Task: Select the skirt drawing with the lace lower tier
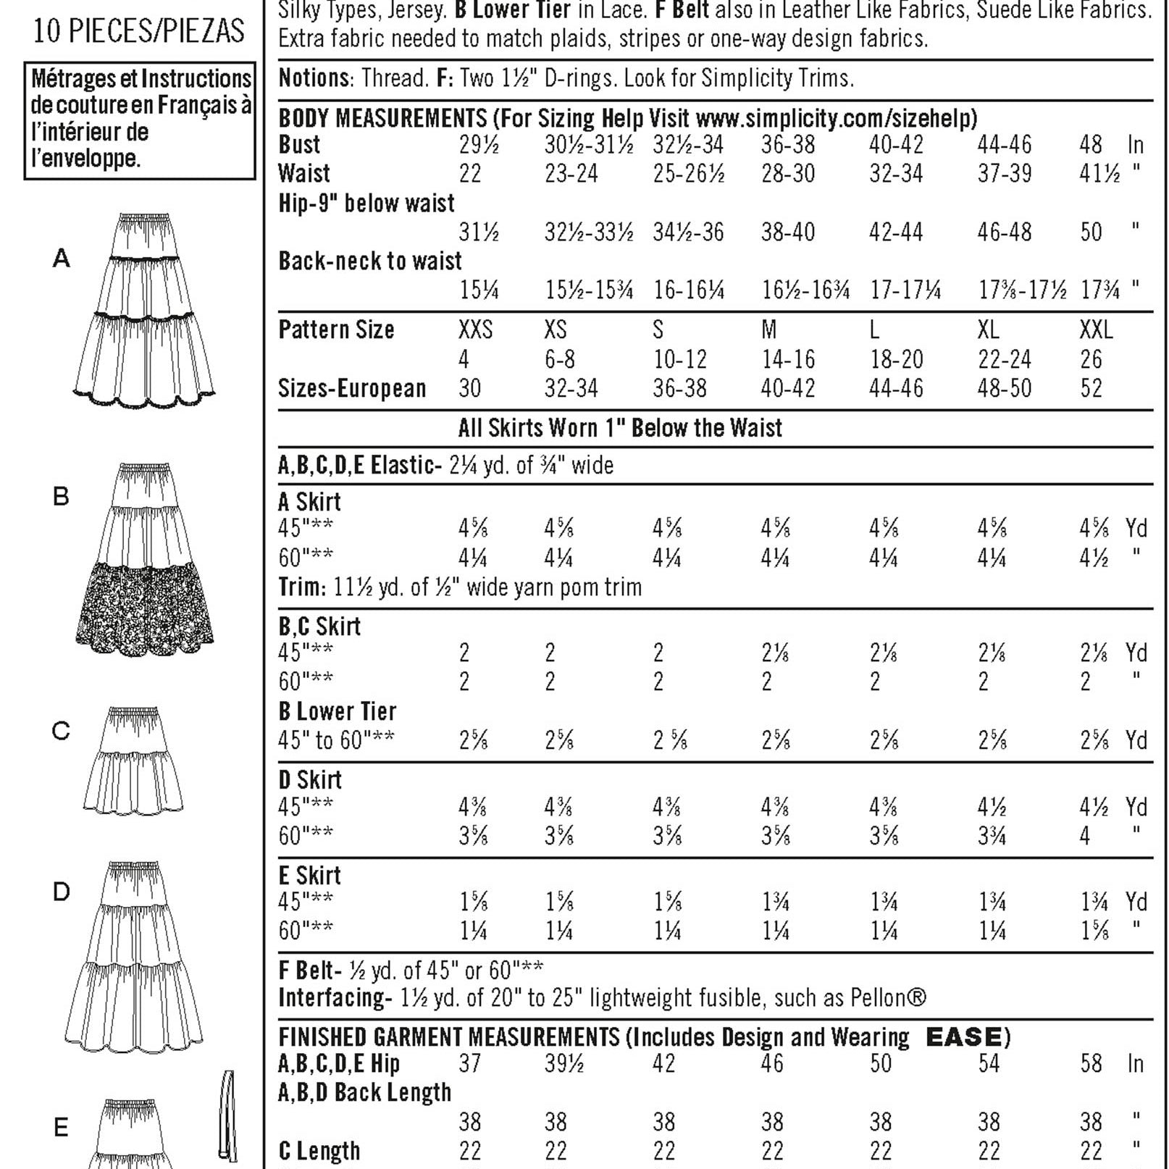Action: point(144,561)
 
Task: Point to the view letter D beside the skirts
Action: point(62,892)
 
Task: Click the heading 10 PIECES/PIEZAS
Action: point(139,31)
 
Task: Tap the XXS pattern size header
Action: point(475,330)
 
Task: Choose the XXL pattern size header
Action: point(1096,330)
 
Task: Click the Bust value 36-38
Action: point(787,145)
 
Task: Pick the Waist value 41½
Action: point(1099,174)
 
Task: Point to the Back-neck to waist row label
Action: point(370,261)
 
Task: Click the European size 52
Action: point(1091,389)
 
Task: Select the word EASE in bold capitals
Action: point(964,1037)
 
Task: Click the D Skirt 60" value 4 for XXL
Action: point(1084,836)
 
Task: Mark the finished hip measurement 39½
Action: point(563,1063)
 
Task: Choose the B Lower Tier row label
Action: point(338,711)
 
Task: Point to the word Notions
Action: point(314,78)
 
